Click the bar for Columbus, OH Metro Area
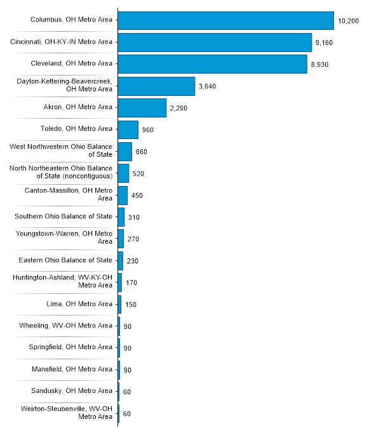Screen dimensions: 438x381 coord(225,20)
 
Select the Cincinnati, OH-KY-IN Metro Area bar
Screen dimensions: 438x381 coord(215,43)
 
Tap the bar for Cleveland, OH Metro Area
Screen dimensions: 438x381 coord(212,64)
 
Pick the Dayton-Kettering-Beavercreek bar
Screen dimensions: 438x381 coord(156,86)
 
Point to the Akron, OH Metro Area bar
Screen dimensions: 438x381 coord(142,108)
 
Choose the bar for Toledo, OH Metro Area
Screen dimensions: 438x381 coord(128,129)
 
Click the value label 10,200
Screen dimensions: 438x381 coord(349,21)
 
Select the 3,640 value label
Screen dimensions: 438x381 coord(208,86)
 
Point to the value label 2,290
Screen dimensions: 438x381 coord(178,109)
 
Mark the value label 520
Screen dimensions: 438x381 coord(138,173)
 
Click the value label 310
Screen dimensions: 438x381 coord(133,217)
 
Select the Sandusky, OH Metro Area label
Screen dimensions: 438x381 coord(72,391)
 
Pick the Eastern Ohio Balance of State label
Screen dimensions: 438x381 coord(65,260)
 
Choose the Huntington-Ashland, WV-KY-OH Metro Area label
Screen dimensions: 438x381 coord(63,282)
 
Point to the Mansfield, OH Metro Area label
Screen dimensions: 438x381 coord(72,369)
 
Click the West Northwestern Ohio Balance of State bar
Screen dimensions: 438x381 coord(124,152)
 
